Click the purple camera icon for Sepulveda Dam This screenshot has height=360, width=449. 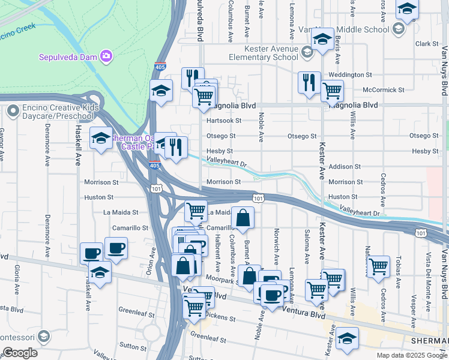[x=107, y=56]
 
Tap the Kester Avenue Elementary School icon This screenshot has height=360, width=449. [x=307, y=53]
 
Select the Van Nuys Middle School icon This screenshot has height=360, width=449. [x=397, y=29]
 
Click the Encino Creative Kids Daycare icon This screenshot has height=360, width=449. [x=13, y=111]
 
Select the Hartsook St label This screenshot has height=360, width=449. [x=223, y=121]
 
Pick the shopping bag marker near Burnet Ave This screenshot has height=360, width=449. [x=243, y=219]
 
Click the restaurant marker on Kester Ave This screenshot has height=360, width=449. [x=309, y=82]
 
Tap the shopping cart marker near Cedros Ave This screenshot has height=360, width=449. [x=378, y=266]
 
